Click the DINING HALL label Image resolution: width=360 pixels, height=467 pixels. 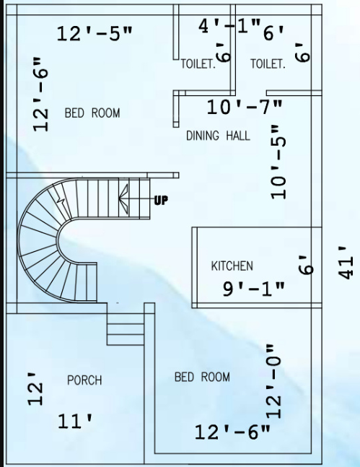(218, 136)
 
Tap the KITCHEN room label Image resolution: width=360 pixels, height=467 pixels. (232, 266)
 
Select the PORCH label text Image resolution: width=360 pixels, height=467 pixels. (84, 380)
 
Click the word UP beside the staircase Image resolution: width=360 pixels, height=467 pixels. (161, 201)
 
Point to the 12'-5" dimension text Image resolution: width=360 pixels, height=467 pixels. (95, 33)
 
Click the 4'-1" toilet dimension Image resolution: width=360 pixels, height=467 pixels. (229, 26)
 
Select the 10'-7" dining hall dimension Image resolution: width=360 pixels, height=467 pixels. (245, 107)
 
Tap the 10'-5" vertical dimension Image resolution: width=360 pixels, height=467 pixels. (278, 162)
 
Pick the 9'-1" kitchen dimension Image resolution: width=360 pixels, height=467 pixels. (254, 289)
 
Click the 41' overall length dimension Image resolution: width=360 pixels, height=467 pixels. (346, 263)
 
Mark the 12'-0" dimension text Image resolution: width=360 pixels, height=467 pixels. (274, 382)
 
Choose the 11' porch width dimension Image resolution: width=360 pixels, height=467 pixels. (75, 421)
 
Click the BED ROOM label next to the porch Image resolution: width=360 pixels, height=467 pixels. (202, 377)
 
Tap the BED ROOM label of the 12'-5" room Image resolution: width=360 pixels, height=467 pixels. (92, 113)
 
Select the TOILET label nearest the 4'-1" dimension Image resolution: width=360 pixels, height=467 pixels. (198, 64)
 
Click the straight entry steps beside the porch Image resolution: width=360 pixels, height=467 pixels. (126, 329)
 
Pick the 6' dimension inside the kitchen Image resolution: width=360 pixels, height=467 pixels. (306, 265)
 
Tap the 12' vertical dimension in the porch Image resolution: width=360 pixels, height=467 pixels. (36, 388)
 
